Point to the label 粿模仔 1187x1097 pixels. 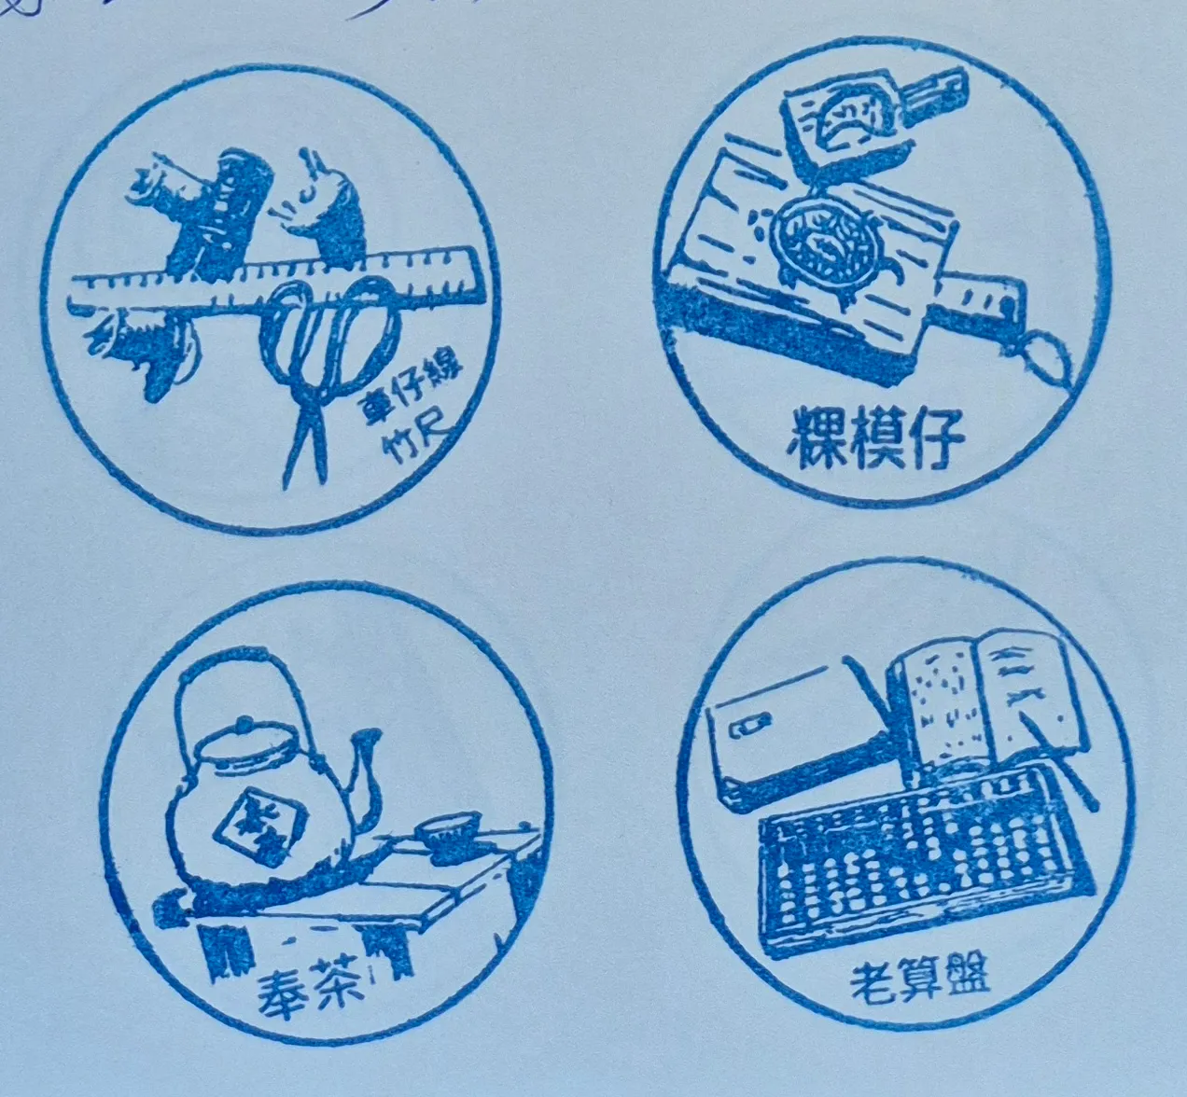(875, 436)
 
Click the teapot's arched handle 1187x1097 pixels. (238, 681)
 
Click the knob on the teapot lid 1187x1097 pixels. (244, 723)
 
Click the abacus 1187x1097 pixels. (924, 858)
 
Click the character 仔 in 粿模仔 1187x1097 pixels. (936, 436)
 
